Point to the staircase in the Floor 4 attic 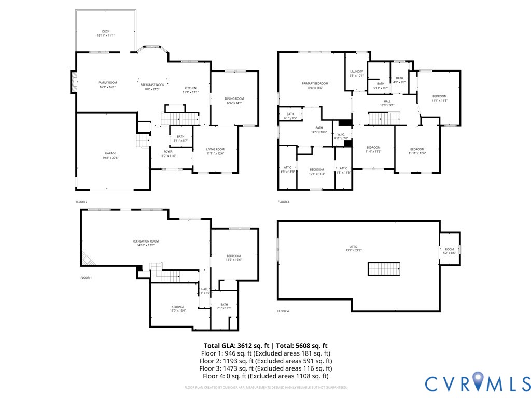coord(384,269)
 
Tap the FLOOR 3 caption coord(284,202)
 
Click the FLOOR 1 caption coord(86,278)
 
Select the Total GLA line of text coord(265,345)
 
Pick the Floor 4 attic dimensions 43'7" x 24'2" coord(354,250)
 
